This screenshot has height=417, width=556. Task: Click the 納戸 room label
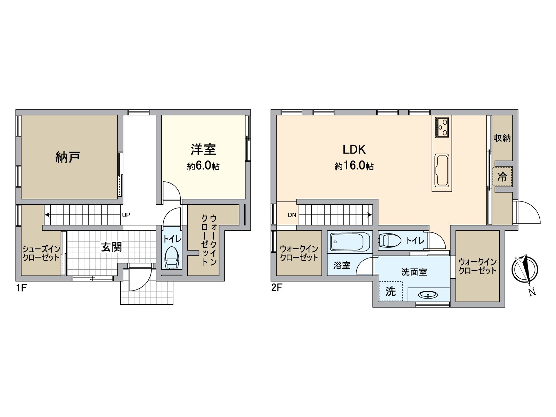[x=68, y=157]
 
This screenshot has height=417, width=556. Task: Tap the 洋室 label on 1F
[x=203, y=149]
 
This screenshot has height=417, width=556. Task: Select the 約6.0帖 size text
[x=203, y=166]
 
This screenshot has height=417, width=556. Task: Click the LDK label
[x=354, y=149]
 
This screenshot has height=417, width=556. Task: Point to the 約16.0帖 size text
[x=354, y=166]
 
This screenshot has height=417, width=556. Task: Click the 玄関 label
[x=111, y=247]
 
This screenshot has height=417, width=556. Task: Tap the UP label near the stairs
[x=126, y=215]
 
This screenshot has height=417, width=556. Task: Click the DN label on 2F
[x=292, y=215]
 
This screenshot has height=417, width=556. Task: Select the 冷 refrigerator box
[x=502, y=177]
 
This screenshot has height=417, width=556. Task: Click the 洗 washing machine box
[x=391, y=291]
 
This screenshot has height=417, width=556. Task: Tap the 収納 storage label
[x=502, y=138]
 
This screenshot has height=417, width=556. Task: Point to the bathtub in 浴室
[x=350, y=242]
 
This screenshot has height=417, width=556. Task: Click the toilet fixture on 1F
[x=171, y=258]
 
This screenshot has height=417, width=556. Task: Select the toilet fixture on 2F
[x=389, y=240]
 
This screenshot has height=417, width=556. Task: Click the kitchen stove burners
[x=442, y=128]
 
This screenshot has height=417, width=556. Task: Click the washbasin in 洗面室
[x=428, y=295]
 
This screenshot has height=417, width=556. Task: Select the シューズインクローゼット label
[x=41, y=253]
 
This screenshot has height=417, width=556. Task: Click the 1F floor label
[x=21, y=288]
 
